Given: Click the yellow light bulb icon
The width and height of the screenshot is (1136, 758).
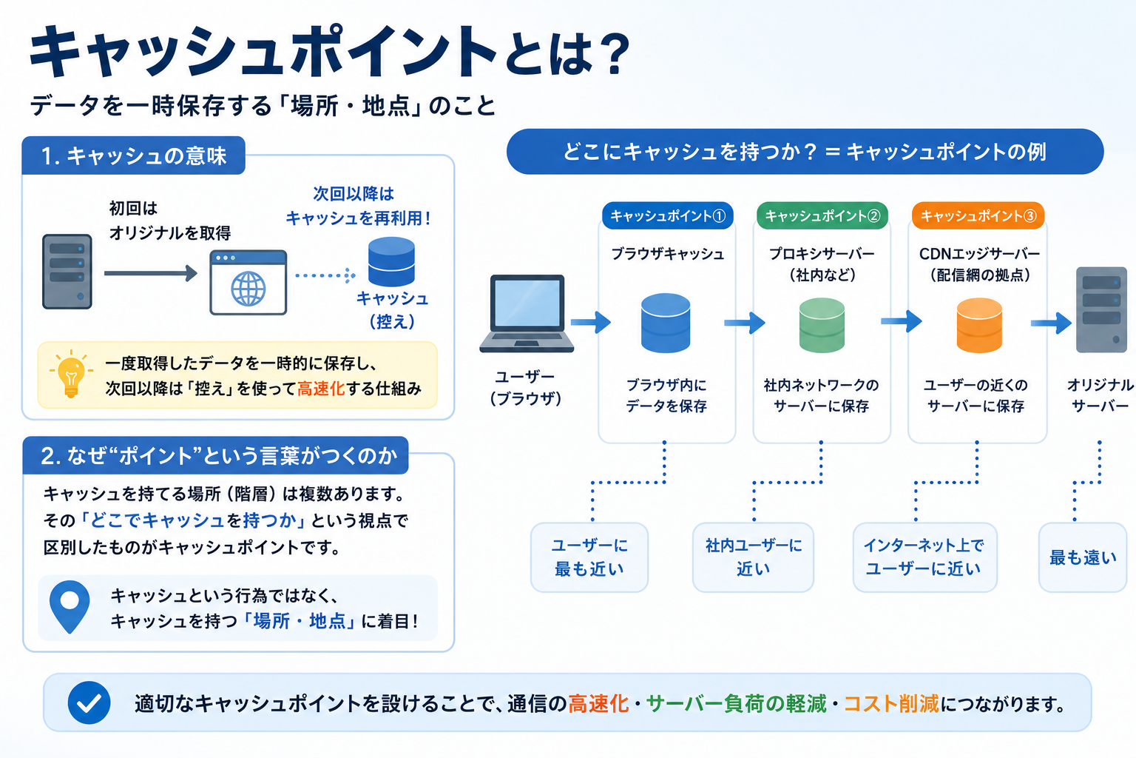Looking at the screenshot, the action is click(x=71, y=373).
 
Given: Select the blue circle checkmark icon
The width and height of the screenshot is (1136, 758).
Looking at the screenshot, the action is click(x=89, y=702).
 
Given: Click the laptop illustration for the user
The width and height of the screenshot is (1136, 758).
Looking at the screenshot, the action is click(x=527, y=313).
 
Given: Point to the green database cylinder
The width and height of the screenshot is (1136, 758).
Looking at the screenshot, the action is click(x=822, y=325).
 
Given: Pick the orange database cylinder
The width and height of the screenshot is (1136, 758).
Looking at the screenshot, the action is click(x=979, y=325).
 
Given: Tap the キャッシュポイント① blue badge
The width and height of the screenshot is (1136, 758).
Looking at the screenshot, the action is click(x=667, y=215).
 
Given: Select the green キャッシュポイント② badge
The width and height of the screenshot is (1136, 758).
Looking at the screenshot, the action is click(x=822, y=215).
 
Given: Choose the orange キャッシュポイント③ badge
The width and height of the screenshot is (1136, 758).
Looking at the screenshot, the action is click(x=978, y=215).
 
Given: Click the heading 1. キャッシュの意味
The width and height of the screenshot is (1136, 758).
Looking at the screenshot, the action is click(x=133, y=155).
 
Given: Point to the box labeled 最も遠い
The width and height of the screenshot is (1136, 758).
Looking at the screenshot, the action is click(x=1083, y=557).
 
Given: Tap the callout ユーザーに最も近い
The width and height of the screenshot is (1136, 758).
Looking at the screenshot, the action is click(x=589, y=557).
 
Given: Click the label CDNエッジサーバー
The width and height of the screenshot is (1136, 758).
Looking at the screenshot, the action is click(x=979, y=253).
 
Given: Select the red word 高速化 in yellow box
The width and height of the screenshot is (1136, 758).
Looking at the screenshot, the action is click(x=320, y=389).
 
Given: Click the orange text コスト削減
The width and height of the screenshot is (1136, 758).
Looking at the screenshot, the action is click(x=891, y=704).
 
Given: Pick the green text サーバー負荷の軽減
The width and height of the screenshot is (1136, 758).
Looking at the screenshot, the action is click(x=737, y=704).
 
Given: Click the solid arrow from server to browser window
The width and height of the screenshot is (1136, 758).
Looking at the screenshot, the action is click(x=151, y=273).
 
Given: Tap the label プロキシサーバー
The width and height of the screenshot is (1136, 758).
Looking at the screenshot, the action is click(x=822, y=253).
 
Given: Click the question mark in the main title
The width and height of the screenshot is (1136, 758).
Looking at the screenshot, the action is click(x=612, y=53).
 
